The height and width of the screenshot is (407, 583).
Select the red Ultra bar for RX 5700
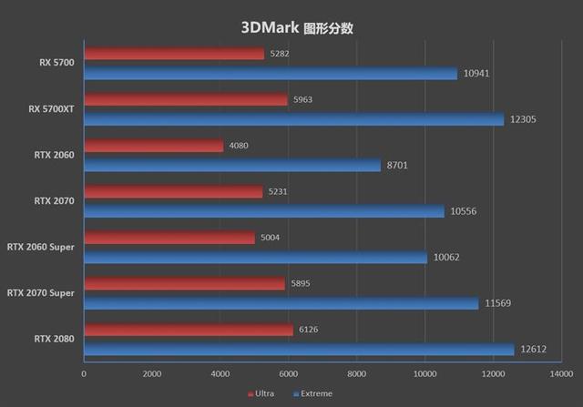[174, 54]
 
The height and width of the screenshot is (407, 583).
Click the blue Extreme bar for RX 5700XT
[293, 119]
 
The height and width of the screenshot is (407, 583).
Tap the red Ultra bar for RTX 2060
[153, 146]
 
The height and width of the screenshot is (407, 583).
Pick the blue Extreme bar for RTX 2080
[299, 350]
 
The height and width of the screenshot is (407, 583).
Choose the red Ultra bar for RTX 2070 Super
[184, 283]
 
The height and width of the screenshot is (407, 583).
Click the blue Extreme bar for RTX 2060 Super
[255, 258]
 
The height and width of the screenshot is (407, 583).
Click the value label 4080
[238, 146]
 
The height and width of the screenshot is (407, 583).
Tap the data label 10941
[478, 74]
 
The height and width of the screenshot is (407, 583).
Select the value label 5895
[300, 283]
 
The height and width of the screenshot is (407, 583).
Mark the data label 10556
[465, 211]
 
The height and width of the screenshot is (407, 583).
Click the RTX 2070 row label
[55, 200]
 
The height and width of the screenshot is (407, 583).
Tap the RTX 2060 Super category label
[41, 247]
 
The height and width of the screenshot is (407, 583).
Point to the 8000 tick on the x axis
[357, 373]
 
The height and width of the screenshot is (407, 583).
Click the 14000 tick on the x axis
[562, 373]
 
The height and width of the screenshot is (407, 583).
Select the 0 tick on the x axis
[84, 373]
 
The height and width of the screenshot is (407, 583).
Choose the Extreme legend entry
[312, 393]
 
